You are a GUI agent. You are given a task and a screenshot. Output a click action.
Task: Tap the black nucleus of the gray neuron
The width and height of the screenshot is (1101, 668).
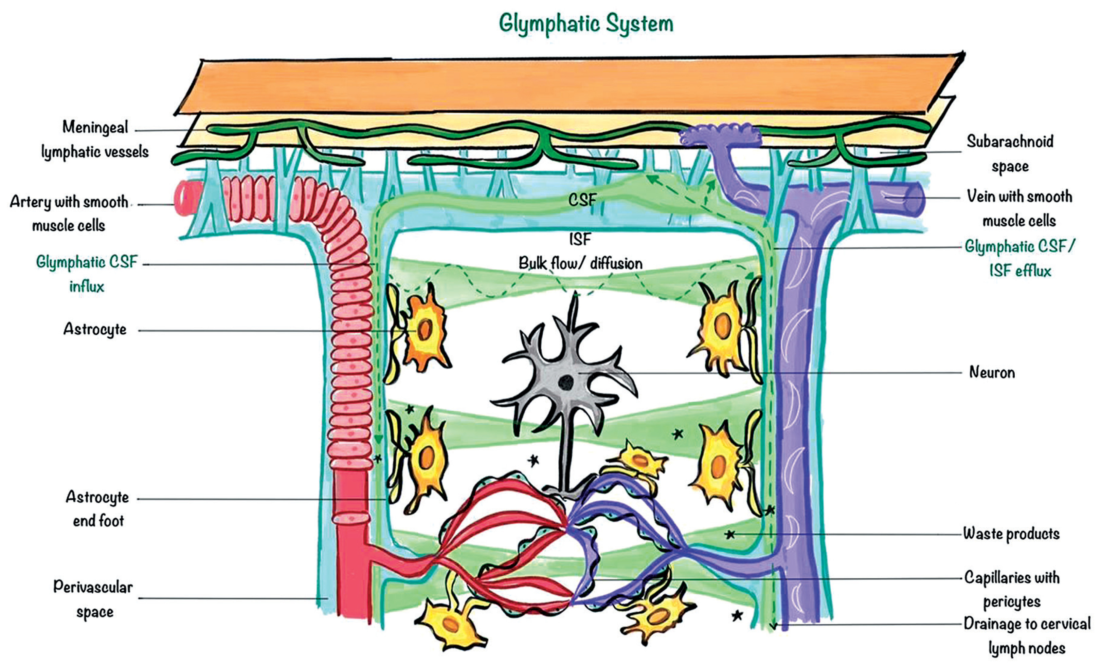[x=566, y=382]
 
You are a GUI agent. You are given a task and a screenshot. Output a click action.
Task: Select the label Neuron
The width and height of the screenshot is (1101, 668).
[x=992, y=372]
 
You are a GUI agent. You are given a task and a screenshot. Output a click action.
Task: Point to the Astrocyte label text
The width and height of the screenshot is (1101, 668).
[x=95, y=330]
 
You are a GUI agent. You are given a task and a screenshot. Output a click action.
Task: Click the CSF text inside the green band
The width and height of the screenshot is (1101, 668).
[x=582, y=200]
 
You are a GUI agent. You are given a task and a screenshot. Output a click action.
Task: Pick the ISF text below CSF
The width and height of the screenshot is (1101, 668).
[x=580, y=239]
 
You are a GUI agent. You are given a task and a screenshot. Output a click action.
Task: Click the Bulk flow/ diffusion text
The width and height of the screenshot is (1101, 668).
[x=580, y=263]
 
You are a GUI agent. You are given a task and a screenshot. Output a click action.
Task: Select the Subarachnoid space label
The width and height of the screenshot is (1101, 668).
[x=1010, y=154]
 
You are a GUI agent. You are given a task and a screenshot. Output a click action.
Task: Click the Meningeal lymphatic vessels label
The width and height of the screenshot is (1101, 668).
[x=95, y=139]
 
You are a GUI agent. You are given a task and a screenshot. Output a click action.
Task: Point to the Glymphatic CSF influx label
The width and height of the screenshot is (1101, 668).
[x=87, y=274]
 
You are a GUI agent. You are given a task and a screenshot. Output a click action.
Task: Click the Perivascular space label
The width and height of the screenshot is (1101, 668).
[x=93, y=599]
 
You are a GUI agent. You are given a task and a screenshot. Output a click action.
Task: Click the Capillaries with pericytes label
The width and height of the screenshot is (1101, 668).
[x=1012, y=589]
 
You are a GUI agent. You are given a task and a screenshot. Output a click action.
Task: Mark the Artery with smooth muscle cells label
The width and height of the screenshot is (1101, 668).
[x=69, y=214]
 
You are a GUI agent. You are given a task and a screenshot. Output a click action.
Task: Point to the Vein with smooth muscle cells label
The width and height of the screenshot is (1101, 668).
[x=1019, y=208]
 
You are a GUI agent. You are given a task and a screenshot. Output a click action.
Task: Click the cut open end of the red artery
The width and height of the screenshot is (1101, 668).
[x=184, y=198]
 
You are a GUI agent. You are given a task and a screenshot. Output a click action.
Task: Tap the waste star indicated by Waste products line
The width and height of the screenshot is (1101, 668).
[x=730, y=534]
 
